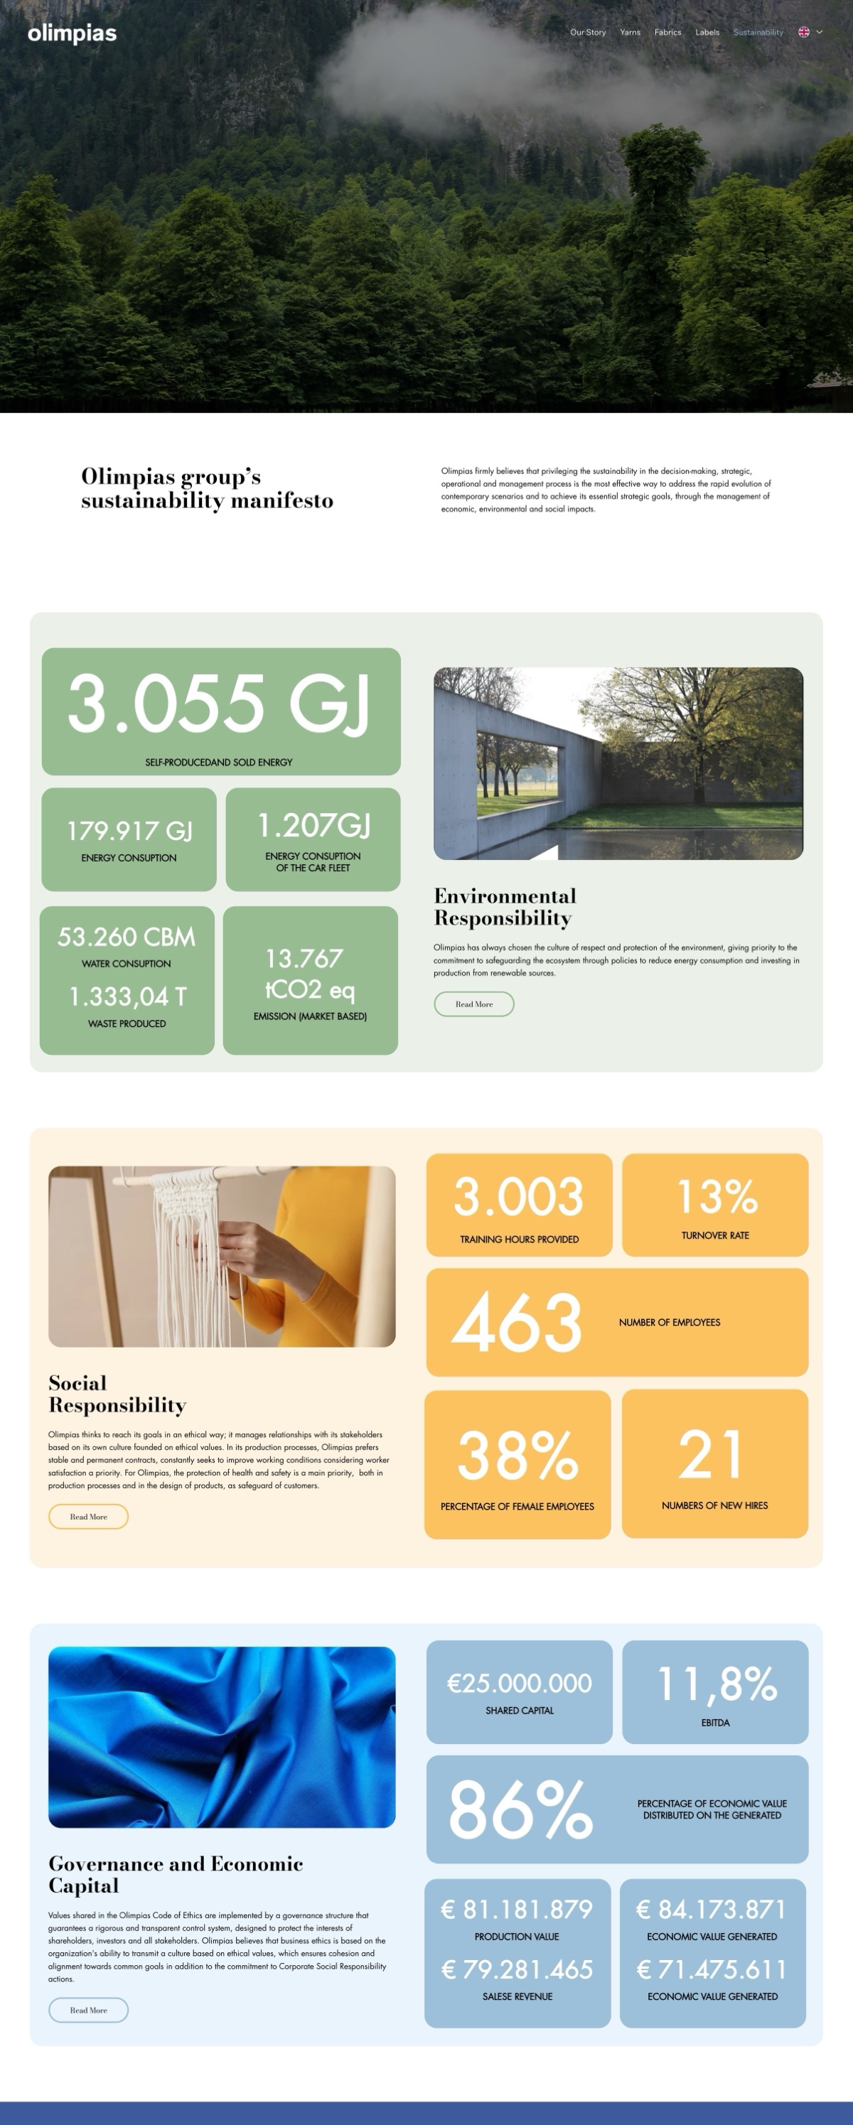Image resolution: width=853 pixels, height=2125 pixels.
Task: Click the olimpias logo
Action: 72,33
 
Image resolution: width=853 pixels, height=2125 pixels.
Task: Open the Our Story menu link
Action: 587,32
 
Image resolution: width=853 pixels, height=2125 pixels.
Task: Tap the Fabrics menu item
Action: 667,32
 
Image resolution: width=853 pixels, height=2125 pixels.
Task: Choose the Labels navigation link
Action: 707,32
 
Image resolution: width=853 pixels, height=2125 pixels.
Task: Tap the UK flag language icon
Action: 803,32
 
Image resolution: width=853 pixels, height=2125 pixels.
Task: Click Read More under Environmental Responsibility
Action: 473,1004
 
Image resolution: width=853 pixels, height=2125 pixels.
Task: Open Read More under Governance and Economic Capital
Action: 88,2010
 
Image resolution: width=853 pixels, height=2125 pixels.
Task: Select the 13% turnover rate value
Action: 716,1196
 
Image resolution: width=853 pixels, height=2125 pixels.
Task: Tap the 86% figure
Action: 520,1809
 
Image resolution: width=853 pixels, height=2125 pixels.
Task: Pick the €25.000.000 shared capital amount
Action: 519,1683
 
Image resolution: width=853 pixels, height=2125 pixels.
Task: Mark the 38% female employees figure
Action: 517,1456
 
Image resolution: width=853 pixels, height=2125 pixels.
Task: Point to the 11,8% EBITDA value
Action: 716,1684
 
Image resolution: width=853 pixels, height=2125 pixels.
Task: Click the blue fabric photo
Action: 222,1736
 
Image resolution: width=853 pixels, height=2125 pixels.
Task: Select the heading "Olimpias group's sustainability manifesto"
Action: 207,488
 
